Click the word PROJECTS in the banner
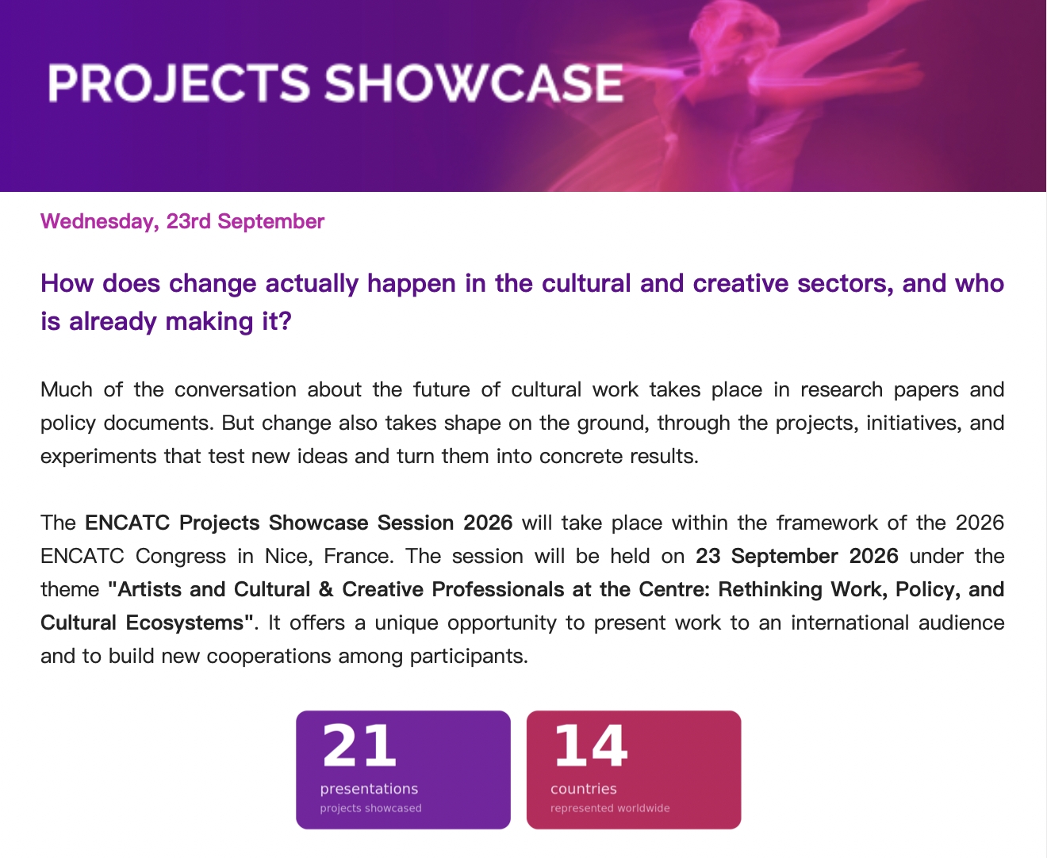coord(178,83)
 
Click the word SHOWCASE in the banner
coord(474,83)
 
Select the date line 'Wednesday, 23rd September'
coord(182,221)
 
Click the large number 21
coord(359,745)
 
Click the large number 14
coord(590,745)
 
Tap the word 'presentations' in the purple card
coord(369,788)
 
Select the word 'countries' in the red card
coord(583,788)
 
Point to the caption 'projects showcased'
coord(371,808)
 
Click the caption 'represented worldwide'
coord(610,808)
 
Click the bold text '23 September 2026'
coord(797,556)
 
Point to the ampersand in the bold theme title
coord(326,589)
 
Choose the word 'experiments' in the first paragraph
coord(98,457)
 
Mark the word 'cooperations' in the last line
coord(269,657)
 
